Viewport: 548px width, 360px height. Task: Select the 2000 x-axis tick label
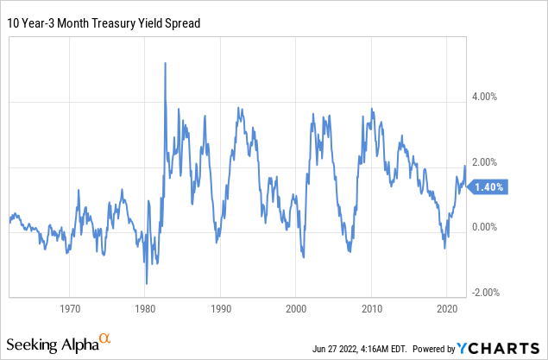[296, 308]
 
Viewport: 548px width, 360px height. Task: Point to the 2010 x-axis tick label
[371, 308]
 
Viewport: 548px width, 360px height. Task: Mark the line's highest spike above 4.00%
[165, 64]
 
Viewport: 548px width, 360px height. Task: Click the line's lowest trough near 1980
[147, 283]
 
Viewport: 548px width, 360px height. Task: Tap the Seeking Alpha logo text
[51, 344]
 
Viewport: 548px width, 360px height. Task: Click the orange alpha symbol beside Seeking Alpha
[105, 339]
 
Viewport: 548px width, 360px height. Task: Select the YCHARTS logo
[501, 347]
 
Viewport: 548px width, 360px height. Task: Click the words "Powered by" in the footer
[435, 349]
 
